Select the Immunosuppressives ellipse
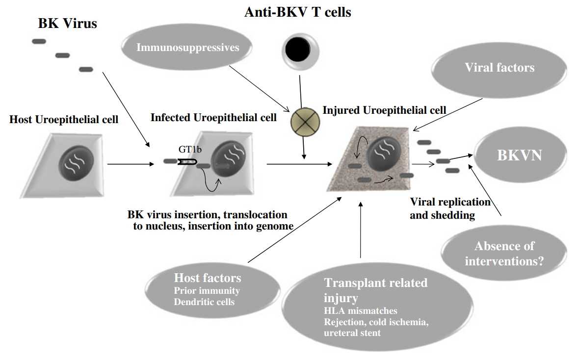(188, 48)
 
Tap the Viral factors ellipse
(500, 68)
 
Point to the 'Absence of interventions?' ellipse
(504, 253)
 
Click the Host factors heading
(208, 278)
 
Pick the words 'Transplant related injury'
(375, 290)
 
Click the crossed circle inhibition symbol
(304, 119)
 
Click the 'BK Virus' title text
(67, 24)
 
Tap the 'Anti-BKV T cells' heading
(297, 12)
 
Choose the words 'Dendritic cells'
(204, 302)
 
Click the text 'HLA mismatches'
(360, 311)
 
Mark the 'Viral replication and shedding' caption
(450, 208)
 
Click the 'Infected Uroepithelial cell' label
(213, 118)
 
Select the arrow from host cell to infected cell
(130, 164)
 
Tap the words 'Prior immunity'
(207, 290)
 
